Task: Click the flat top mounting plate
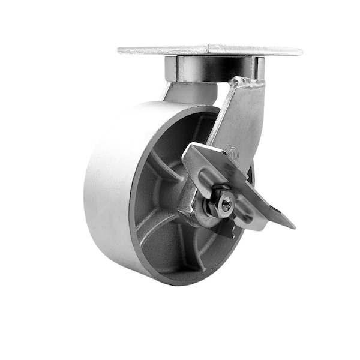[x=210, y=50]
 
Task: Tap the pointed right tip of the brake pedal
[x=293, y=227]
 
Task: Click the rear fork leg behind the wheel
[x=189, y=93]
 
